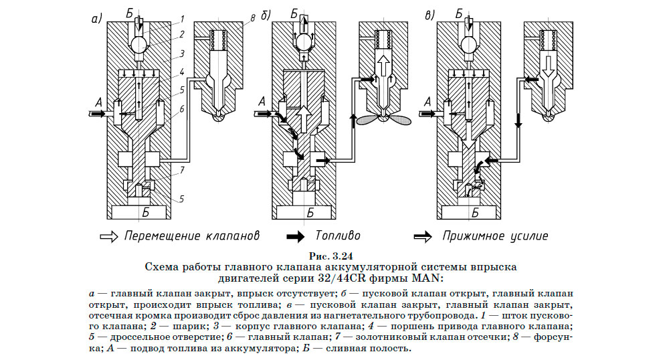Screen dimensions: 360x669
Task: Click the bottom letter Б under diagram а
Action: (145, 213)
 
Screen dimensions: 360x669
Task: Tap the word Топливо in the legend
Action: (338, 236)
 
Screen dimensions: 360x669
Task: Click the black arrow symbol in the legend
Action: (297, 236)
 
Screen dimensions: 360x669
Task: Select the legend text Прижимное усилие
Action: (495, 236)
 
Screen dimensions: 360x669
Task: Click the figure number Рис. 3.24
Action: (331, 255)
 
